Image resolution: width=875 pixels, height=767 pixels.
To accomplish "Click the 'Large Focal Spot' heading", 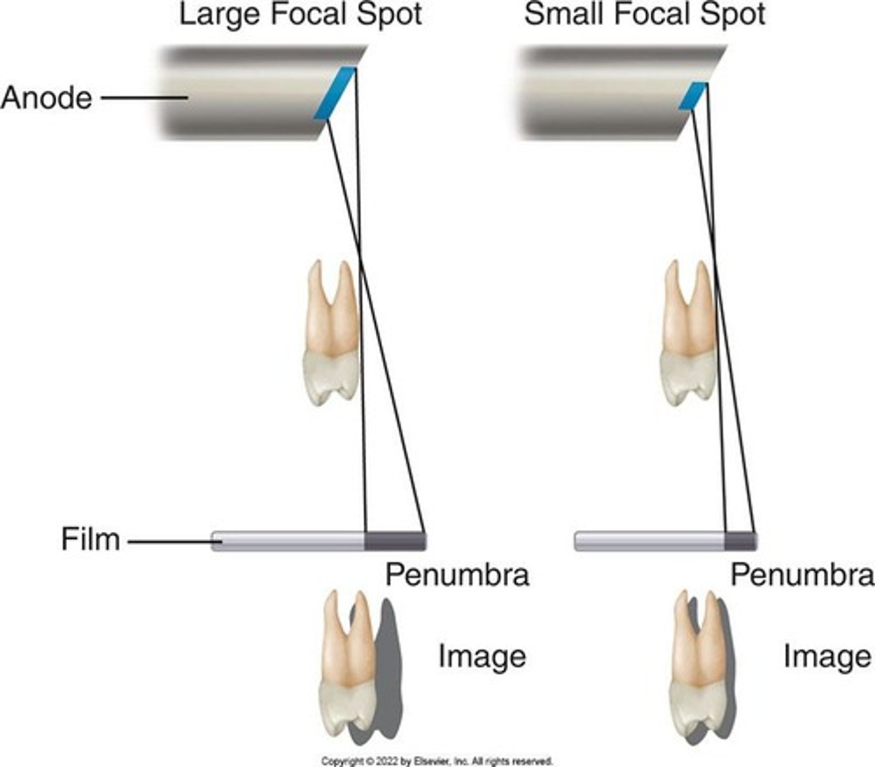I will [300, 14].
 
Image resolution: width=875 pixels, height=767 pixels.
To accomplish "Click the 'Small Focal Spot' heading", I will [644, 14].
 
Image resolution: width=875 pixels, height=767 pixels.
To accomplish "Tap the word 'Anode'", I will [46, 98].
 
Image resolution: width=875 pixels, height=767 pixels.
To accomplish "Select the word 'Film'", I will [90, 539].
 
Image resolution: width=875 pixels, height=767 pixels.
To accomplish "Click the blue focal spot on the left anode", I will [335, 93].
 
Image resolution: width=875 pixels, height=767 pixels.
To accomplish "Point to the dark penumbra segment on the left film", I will [394, 541].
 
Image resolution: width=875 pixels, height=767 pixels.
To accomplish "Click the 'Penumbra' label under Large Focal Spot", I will [456, 575].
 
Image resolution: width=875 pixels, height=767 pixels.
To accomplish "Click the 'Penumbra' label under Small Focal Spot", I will [802, 575].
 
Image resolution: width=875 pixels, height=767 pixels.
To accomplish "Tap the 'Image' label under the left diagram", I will [481, 656].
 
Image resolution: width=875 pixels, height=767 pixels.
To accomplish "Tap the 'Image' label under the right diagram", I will [827, 656].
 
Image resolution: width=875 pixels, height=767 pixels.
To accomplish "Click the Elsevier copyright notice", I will [437, 761].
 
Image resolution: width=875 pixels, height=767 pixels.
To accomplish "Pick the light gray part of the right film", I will [649, 541].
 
